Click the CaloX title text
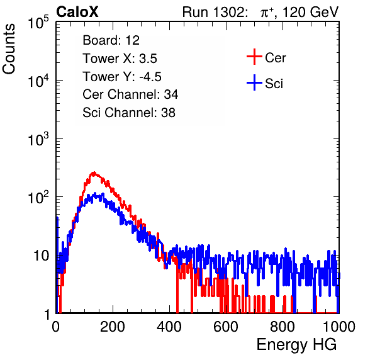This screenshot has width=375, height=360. tap(77, 12)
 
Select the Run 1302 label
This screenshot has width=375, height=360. tap(215, 12)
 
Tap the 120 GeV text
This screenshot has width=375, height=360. tap(311, 12)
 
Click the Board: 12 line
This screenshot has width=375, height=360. tap(111, 40)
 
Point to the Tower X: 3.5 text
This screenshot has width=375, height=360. tap(120, 59)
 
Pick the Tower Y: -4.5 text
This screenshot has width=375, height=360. tap(122, 77)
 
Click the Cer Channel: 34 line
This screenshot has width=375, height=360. tap(130, 94)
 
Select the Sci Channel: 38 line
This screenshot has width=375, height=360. tap(129, 113)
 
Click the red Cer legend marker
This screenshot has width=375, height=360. tap(254, 57)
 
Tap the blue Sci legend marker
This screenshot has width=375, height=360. tap(254, 82)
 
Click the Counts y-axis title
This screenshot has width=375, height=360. tap(9, 49)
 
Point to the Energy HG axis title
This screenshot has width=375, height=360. tap(296, 345)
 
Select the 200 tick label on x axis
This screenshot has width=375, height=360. tap(113, 327)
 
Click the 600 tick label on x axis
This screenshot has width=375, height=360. tap(226, 327)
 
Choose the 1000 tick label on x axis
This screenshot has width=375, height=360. tap(339, 327)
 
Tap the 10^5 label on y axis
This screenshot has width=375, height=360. tap(38, 23)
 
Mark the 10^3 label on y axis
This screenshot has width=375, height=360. tap(38, 139)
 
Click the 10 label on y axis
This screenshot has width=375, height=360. tap(42, 256)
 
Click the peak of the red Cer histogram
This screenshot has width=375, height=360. tap(94, 172)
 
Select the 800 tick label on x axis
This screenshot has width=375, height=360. tap(283, 327)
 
